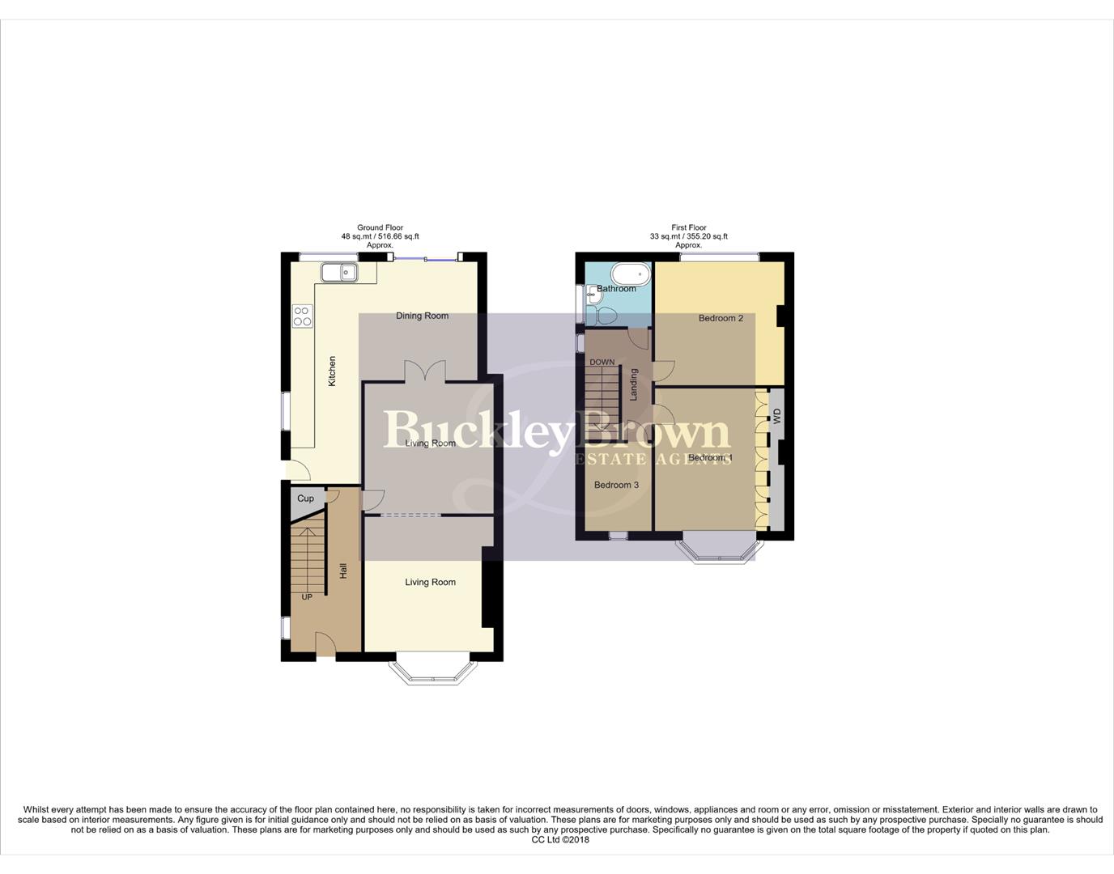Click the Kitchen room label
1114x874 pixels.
pyautogui.click(x=332, y=371)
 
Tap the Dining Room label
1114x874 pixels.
pyautogui.click(x=422, y=316)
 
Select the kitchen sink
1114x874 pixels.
pyautogui.click(x=340, y=272)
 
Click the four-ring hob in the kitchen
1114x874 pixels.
pyautogui.click(x=302, y=316)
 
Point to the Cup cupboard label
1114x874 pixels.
pyautogui.click(x=305, y=499)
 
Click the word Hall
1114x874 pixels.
pyautogui.click(x=343, y=571)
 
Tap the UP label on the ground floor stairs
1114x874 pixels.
pyautogui.click(x=307, y=597)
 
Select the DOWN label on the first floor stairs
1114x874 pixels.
pyautogui.click(x=602, y=362)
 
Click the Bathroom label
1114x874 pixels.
pyautogui.click(x=616, y=289)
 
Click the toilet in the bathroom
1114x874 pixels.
pyautogui.click(x=604, y=316)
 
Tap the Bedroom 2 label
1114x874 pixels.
pyautogui.click(x=721, y=318)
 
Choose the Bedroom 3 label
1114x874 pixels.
pyautogui.click(x=616, y=485)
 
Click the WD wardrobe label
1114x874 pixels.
pyautogui.click(x=777, y=417)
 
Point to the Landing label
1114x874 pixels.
pyautogui.click(x=634, y=384)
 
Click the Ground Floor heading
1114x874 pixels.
pyautogui.click(x=380, y=228)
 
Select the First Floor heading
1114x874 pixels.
pyautogui.click(x=688, y=228)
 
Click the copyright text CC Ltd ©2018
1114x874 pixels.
pyautogui.click(x=560, y=840)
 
